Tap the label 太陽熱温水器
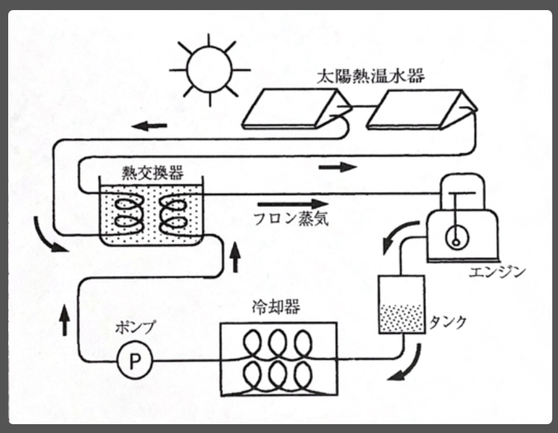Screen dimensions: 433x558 pyautogui.click(x=371, y=78)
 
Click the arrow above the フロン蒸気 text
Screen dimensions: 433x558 pyautogui.click(x=294, y=204)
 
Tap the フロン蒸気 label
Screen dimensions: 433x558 pyautogui.click(x=290, y=220)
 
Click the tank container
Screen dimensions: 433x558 pyautogui.click(x=400, y=304)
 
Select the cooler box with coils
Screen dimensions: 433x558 pyautogui.click(x=278, y=359)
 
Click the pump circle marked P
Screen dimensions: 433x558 pyautogui.click(x=134, y=361)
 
